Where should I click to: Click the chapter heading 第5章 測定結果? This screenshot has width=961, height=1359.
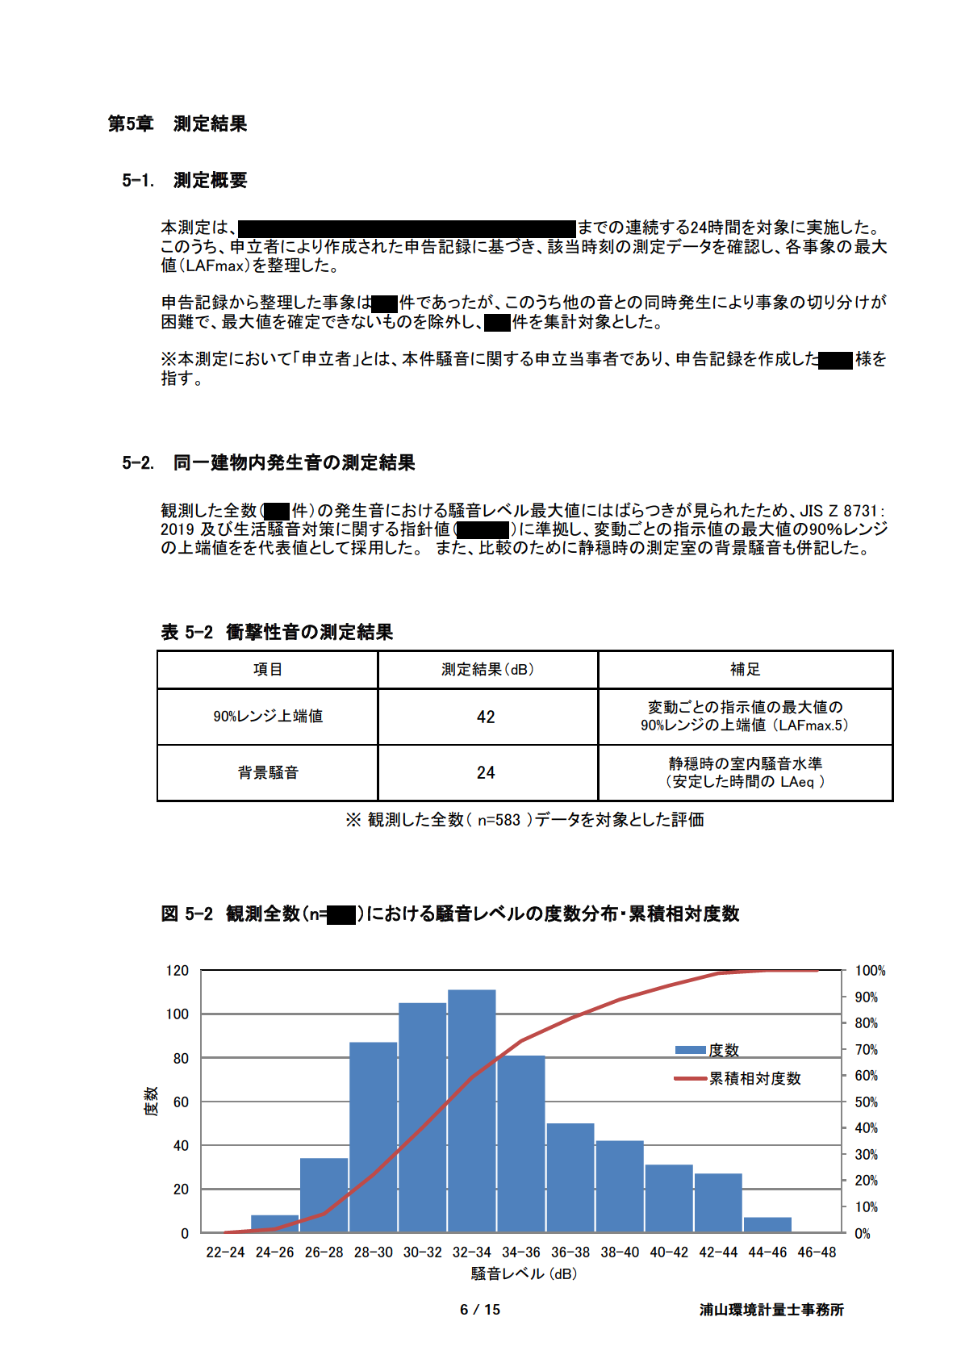178,123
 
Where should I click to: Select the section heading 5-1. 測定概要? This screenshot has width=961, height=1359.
185,180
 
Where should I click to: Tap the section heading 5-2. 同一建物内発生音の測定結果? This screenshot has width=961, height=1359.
269,462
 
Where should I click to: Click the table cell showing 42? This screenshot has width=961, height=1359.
486,717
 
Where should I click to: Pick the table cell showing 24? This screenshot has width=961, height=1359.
486,772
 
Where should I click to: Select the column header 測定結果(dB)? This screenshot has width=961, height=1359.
487,669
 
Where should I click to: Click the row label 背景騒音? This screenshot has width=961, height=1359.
268,772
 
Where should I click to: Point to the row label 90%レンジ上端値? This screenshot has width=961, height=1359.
268,716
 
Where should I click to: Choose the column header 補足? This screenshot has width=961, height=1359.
745,669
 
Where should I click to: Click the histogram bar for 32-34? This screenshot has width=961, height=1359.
472,1110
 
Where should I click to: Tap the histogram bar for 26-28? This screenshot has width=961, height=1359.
324,1194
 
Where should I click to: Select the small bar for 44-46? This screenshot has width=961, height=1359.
767,1224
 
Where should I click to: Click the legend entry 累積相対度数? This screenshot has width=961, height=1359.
754,1078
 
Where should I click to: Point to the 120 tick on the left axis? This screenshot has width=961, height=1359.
178,970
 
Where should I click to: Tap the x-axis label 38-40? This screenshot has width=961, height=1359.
620,1252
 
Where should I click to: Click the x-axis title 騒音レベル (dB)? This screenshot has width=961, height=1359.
524,1273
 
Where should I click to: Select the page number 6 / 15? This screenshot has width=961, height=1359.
480,1310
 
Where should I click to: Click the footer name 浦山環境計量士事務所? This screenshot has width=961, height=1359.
771,1310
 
